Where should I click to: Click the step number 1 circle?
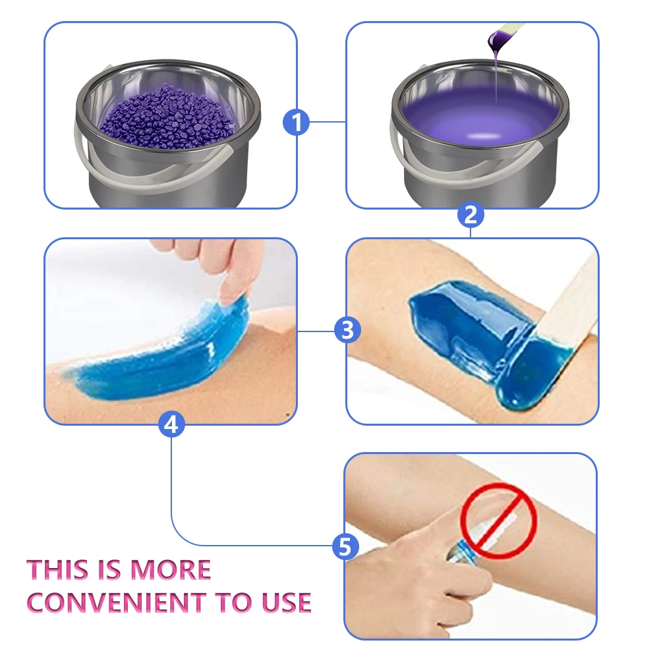point(297,122)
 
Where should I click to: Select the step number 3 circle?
point(347,329)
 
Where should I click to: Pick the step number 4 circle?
point(171,425)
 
